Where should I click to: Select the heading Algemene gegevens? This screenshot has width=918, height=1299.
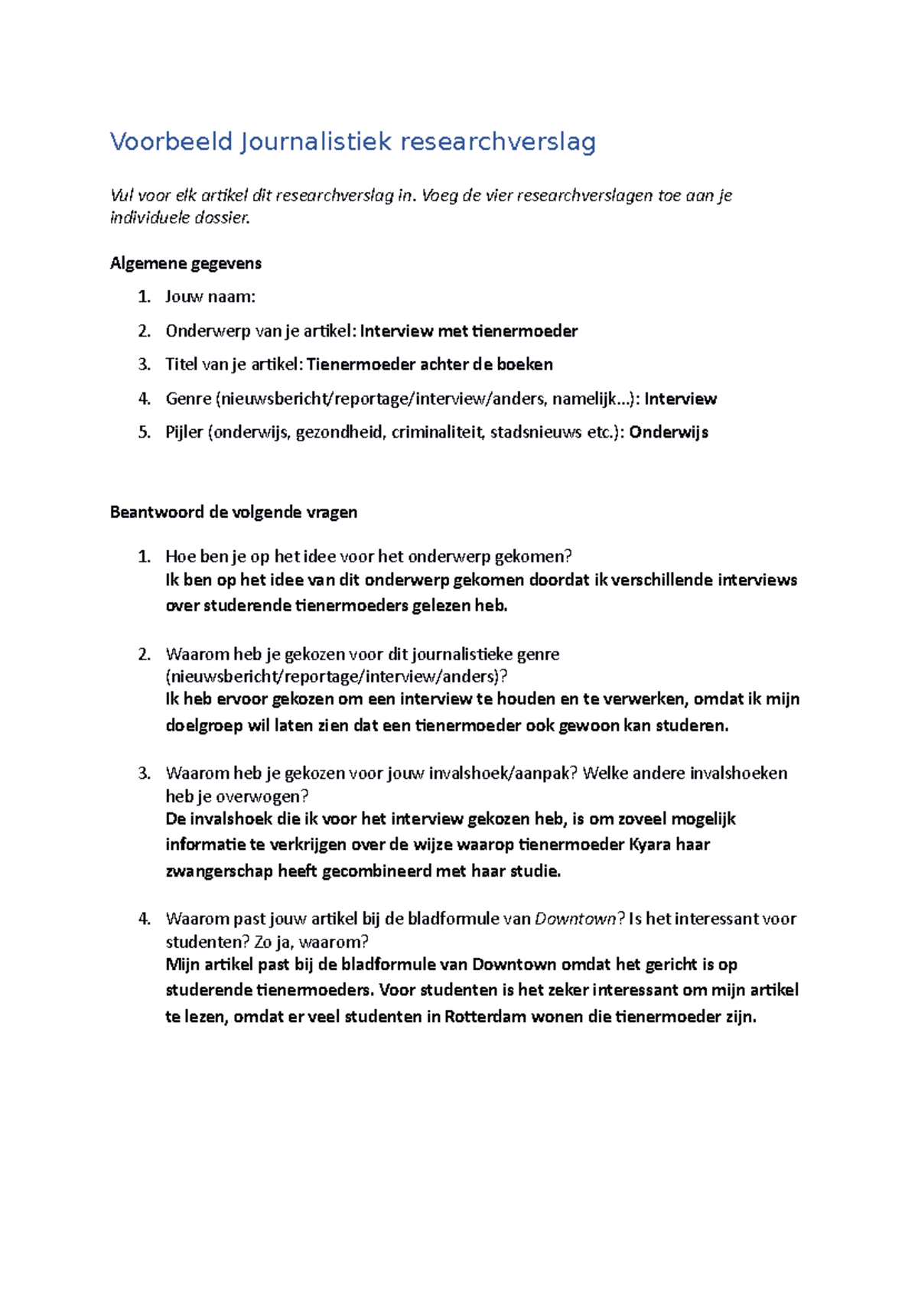click(x=186, y=264)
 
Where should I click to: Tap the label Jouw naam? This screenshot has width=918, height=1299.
click(x=210, y=297)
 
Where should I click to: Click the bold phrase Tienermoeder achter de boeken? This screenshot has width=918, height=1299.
click(x=429, y=365)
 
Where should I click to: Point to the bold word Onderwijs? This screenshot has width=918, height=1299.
click(x=669, y=432)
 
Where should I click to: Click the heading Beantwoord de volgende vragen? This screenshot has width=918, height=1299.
click(x=233, y=513)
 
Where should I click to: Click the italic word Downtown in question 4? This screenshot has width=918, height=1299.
click(x=575, y=920)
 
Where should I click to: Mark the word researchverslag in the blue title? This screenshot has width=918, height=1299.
click(x=498, y=142)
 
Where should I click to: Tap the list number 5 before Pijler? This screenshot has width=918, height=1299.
click(x=144, y=432)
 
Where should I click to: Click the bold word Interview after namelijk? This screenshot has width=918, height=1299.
click(x=680, y=399)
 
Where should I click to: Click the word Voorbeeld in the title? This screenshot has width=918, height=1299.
click(x=171, y=142)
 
